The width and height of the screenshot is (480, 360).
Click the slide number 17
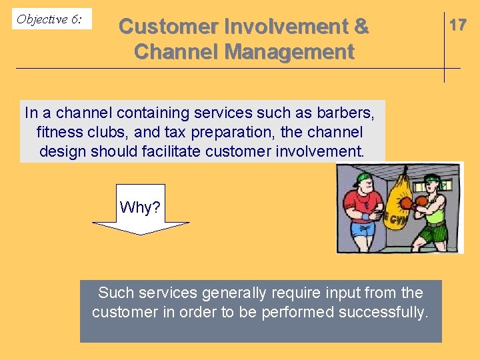(x=457, y=25)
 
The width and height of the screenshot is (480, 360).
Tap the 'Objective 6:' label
(x=49, y=19)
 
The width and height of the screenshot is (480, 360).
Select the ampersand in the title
(x=361, y=27)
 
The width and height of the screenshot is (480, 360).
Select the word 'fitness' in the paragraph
(x=58, y=132)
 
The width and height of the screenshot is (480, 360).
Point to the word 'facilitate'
(x=171, y=151)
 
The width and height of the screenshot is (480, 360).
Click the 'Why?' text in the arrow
(x=140, y=207)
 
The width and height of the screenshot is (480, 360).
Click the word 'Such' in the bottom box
(x=113, y=293)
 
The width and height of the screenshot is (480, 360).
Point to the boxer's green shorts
(x=434, y=232)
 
